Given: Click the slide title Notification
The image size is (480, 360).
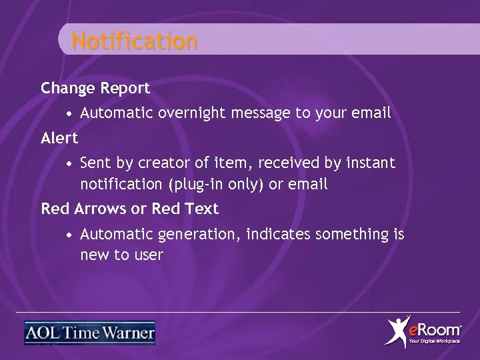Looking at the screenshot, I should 135,41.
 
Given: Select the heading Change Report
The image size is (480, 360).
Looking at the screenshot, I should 95,87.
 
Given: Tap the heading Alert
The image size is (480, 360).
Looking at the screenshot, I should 59,138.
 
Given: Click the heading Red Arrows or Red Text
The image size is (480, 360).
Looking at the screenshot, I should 129,209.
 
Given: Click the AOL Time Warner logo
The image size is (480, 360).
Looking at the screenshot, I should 89,333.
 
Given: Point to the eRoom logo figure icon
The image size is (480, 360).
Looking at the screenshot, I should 399,331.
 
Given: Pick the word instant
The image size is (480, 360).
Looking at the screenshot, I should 371,163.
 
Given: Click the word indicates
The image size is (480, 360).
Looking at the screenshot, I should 279,234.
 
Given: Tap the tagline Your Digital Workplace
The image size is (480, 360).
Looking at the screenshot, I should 434,341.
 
